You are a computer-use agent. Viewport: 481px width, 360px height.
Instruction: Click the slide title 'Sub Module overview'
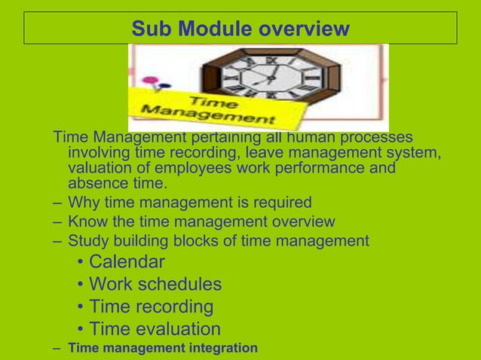click(240, 29)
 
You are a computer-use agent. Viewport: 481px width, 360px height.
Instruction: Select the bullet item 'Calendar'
click(127, 262)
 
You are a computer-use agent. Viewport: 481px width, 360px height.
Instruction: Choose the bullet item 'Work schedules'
click(155, 285)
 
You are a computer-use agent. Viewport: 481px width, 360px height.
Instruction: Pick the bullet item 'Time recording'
click(151, 307)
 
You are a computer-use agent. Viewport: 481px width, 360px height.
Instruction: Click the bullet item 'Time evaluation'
click(155, 330)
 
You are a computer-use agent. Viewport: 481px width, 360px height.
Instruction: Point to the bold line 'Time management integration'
click(162, 348)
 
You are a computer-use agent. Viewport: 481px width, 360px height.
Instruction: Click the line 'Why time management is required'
click(189, 203)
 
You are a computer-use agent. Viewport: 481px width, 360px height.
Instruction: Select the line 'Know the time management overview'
click(201, 222)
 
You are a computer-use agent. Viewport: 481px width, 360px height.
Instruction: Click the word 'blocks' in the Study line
click(191, 242)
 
